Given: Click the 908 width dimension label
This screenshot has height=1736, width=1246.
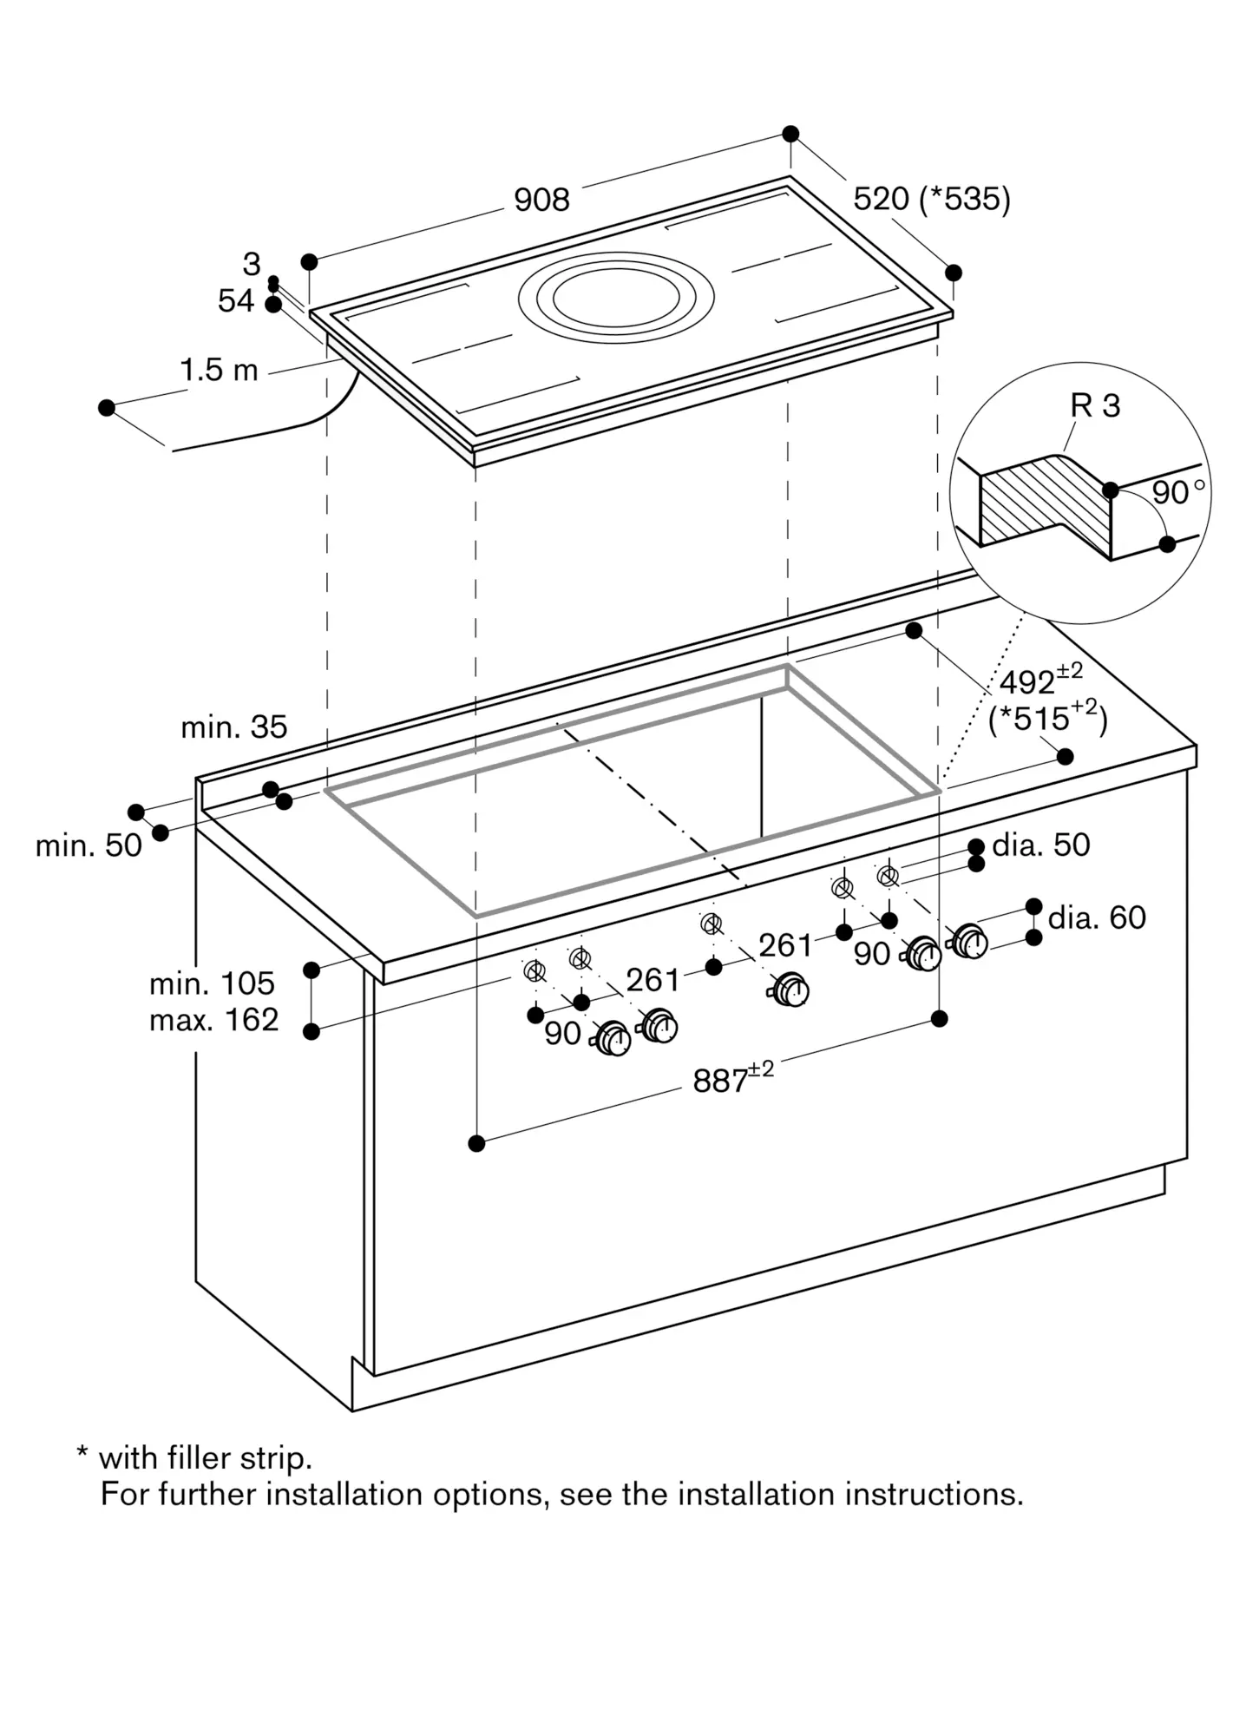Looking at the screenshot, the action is click(541, 201).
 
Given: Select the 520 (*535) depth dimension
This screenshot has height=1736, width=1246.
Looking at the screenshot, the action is click(932, 200).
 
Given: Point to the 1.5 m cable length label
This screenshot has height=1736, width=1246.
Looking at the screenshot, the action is click(219, 371).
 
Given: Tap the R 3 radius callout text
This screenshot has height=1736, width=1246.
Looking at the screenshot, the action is click(1095, 405).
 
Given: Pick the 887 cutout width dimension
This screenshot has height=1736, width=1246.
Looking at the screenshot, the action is click(733, 1078).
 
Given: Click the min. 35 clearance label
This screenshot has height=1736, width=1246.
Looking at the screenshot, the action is click(233, 727).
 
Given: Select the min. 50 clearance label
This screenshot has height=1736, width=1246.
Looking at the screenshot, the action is click(89, 845).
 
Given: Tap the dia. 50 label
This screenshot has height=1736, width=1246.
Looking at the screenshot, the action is click(1040, 845).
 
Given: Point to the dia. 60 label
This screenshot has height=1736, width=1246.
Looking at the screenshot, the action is click(1097, 917).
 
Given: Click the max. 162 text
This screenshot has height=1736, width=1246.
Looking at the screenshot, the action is click(213, 1020).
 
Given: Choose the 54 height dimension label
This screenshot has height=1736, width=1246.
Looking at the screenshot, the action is click(236, 301).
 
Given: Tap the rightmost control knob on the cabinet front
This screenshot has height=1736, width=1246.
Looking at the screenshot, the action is click(969, 941).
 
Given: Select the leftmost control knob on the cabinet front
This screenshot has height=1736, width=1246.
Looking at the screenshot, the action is click(613, 1038).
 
